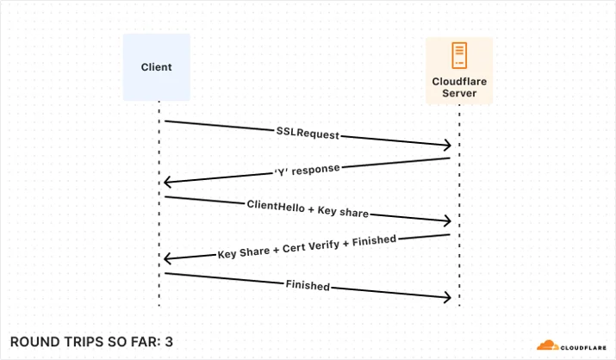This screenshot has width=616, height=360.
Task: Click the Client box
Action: pyautogui.click(x=156, y=67)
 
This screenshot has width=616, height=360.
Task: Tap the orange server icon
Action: pyautogui.click(x=459, y=55)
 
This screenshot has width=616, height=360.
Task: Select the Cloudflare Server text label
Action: pyautogui.click(x=459, y=87)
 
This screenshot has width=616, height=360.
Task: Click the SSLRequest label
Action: pyautogui.click(x=308, y=133)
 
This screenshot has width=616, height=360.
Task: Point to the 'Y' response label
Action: pyautogui.click(x=308, y=170)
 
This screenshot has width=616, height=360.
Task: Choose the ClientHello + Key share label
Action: pyautogui.click(x=308, y=208)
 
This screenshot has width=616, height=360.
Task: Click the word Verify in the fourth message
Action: pyautogui.click(x=324, y=245)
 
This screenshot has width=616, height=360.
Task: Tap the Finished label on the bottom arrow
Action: pyautogui.click(x=308, y=285)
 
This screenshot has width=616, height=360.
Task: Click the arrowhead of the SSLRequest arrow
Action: pyautogui.click(x=448, y=145)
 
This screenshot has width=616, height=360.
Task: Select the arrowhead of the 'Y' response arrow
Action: pyautogui.click(x=167, y=182)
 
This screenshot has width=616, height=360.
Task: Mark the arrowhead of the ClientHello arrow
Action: pyautogui.click(x=448, y=221)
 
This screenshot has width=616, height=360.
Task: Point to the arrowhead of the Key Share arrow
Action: pyautogui.click(x=167, y=258)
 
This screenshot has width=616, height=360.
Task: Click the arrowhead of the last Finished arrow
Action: pyautogui.click(x=448, y=297)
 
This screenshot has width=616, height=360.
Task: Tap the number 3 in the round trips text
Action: pyautogui.click(x=169, y=342)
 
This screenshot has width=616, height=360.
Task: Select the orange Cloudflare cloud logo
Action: pyautogui.click(x=548, y=345)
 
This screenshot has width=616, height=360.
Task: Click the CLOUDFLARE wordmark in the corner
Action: pyautogui.click(x=583, y=348)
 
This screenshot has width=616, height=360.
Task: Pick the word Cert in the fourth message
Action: pyautogui.click(x=294, y=248)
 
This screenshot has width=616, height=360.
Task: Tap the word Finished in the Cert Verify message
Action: pyautogui.click(x=374, y=240)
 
